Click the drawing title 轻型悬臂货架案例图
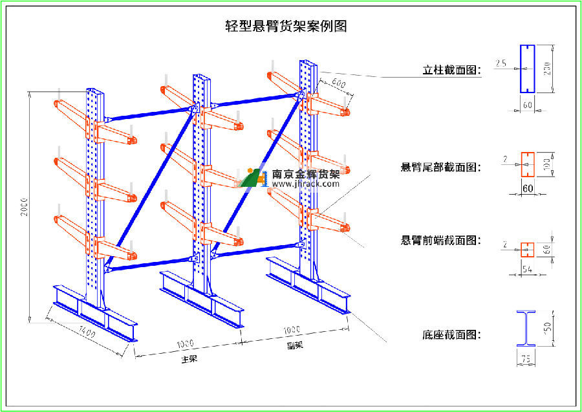point(286,27)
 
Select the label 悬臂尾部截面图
point(441,168)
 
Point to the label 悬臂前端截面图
point(441,240)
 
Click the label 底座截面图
point(451,335)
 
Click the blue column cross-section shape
point(527,69)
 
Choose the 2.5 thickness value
point(501,63)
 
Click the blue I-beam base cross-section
point(526,329)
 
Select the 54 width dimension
point(527,268)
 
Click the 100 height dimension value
point(546,166)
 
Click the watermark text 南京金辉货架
point(306,173)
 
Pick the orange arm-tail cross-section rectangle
point(527,165)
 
